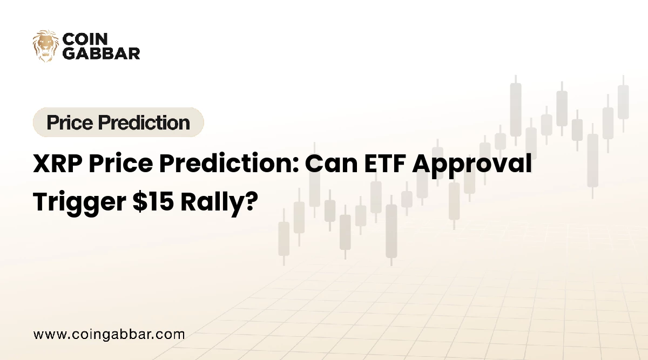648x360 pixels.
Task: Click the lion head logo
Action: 46,46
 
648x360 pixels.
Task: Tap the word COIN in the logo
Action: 85,39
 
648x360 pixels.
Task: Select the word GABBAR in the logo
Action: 102,53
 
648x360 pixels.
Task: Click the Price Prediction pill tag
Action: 118,122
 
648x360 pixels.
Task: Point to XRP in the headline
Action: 58,164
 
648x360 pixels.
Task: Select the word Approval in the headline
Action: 472,165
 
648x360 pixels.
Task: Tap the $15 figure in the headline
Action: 153,201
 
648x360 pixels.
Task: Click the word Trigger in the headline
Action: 79,203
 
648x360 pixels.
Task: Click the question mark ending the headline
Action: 252,201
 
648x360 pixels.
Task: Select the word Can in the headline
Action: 331,164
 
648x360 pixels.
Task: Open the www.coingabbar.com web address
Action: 109,335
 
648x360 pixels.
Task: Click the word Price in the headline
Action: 121,164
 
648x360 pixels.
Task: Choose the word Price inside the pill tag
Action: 70,123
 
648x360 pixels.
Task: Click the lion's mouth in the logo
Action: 46,55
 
